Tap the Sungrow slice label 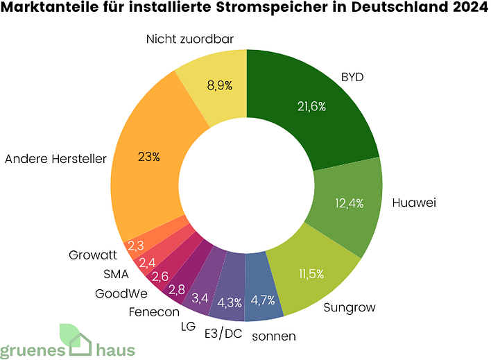tap(348, 307)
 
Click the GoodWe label tap(121, 292)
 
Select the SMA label tap(117, 273)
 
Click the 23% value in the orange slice tap(148, 157)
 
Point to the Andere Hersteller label tap(55, 159)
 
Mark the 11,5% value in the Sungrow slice tap(311, 275)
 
